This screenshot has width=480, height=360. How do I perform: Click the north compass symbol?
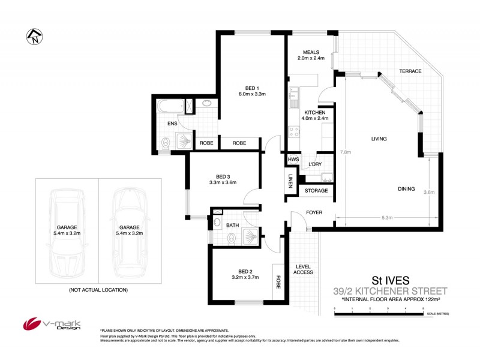[34, 37]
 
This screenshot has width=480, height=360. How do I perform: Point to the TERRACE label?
[410, 71]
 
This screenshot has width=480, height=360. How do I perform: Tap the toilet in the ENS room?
[166, 143]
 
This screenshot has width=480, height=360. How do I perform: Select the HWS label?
[293, 160]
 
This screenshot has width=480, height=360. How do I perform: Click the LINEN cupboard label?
[290, 182]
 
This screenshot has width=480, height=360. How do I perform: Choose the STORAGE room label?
[316, 191]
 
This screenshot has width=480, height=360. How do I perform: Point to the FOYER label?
[314, 212]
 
